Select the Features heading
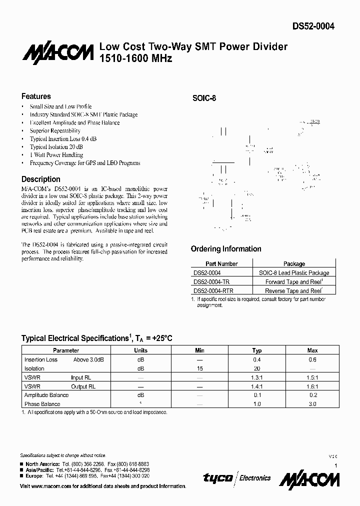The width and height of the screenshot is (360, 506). (x=36, y=96)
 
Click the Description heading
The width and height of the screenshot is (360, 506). (x=41, y=179)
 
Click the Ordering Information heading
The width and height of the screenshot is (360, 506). (x=226, y=249)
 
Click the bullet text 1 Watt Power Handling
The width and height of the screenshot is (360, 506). (x=56, y=155)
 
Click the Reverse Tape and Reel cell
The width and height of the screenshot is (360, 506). (x=294, y=290)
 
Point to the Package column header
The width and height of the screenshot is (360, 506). (x=294, y=263)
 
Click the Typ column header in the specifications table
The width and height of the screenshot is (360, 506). (x=257, y=350)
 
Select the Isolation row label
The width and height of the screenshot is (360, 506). (x=34, y=368)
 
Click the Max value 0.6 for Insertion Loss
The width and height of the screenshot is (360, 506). (x=312, y=359)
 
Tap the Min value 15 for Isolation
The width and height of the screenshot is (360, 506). (x=200, y=368)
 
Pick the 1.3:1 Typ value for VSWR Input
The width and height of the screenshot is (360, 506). (x=257, y=377)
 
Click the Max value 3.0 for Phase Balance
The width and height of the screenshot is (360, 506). (x=312, y=404)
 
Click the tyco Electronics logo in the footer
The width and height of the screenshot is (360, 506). (x=237, y=478)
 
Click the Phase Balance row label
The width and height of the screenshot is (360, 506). (x=42, y=404)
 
